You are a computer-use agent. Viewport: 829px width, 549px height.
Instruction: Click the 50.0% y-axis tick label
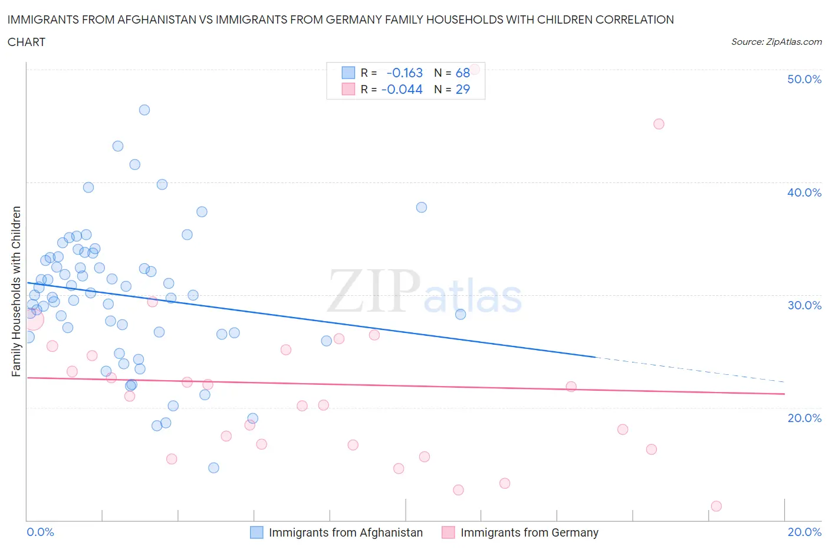click(804, 79)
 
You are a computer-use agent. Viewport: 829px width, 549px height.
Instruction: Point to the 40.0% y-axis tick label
click(804, 192)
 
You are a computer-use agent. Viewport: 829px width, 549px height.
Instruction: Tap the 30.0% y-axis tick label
click(804, 305)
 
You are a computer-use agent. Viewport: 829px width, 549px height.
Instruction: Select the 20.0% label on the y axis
click(804, 418)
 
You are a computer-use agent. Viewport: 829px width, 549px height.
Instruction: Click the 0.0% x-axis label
click(40, 532)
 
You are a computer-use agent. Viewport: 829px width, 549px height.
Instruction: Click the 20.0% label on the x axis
click(804, 532)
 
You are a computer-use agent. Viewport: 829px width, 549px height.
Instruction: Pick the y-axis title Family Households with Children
click(16, 291)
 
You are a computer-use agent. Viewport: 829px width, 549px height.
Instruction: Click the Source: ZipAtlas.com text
click(776, 42)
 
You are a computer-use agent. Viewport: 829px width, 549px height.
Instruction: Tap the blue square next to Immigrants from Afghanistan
click(256, 532)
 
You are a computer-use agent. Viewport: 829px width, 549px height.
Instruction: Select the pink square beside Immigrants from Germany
click(448, 532)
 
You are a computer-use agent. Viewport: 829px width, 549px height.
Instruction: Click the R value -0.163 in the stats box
click(404, 73)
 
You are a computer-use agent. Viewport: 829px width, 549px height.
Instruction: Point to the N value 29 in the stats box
click(463, 89)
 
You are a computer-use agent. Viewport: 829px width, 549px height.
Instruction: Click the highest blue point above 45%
click(144, 110)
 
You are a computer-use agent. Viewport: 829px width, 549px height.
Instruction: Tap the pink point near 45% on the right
click(659, 124)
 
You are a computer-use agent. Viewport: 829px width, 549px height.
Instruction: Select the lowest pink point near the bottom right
click(716, 506)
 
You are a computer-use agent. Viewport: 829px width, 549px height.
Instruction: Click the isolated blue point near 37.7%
click(422, 207)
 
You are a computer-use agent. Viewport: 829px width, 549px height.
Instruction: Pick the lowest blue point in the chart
click(213, 468)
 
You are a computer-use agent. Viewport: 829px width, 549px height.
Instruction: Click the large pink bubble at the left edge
click(33, 319)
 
